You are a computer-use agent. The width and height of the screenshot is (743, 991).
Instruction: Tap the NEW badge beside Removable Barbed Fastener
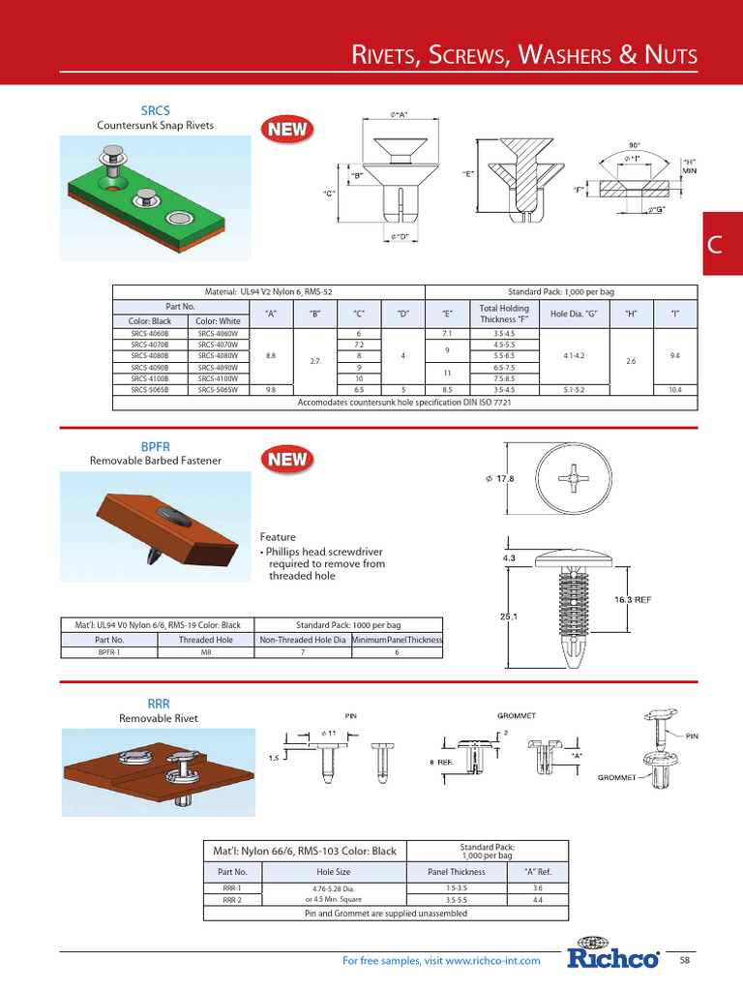click(x=287, y=460)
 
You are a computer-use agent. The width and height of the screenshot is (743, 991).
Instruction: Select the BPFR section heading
click(x=155, y=447)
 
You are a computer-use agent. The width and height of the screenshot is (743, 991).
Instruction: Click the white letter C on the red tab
click(x=715, y=245)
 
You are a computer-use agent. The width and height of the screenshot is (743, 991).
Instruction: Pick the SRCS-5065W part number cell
click(x=218, y=389)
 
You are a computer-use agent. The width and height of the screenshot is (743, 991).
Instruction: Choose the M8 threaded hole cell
click(x=205, y=652)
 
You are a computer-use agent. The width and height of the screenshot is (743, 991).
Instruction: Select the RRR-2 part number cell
click(x=232, y=899)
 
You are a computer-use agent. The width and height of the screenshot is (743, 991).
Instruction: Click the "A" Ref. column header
click(x=538, y=871)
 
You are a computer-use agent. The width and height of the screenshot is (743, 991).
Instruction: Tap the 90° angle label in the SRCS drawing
click(x=634, y=143)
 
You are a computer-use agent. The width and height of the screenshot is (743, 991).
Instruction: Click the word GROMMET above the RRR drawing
click(x=517, y=715)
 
